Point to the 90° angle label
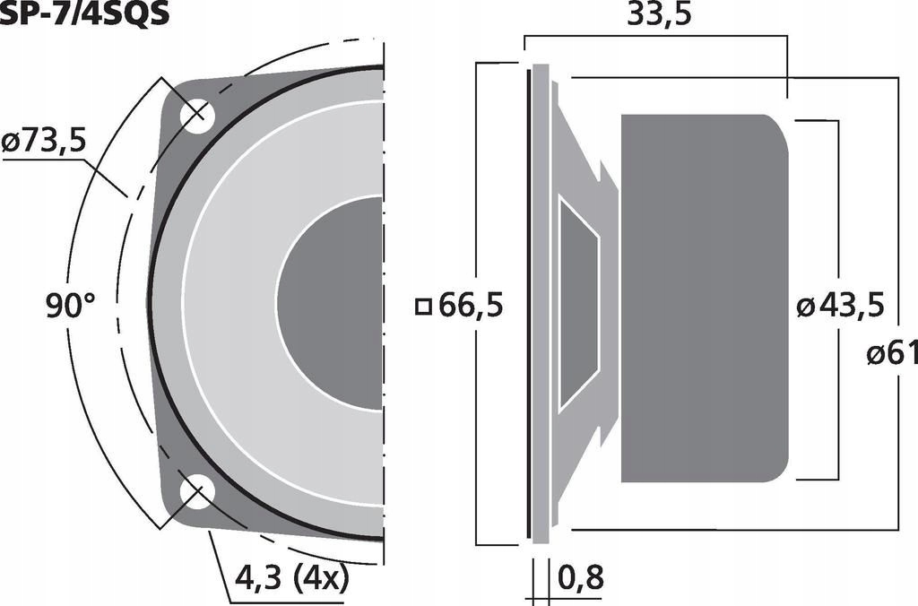point(70,307)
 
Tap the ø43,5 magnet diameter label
point(840,307)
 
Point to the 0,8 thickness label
point(580,578)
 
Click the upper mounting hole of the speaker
point(194,116)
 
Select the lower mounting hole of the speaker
point(194,492)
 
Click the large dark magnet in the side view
point(704,299)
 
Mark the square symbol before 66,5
point(424,307)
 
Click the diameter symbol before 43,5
point(805,307)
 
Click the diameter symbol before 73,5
point(12,142)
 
